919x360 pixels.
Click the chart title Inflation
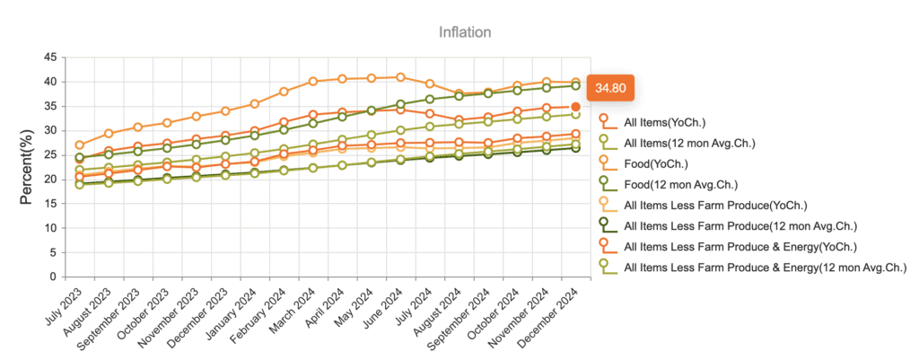[465, 32]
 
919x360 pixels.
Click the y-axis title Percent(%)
[27, 167]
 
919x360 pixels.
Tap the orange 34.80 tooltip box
[610, 88]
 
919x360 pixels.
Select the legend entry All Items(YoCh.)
[664, 122]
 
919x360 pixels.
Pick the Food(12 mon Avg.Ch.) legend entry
[680, 185]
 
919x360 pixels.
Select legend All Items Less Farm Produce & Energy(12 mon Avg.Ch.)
[765, 268]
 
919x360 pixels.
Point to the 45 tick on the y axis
[49, 57]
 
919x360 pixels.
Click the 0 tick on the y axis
[53, 277]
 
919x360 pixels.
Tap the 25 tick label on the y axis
[49, 154]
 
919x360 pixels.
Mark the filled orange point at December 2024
[576, 107]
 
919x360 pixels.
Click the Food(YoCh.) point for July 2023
[80, 145]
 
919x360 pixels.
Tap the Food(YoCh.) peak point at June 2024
[400, 77]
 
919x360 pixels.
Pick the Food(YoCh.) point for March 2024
[313, 82]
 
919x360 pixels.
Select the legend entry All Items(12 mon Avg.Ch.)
[689, 143]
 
